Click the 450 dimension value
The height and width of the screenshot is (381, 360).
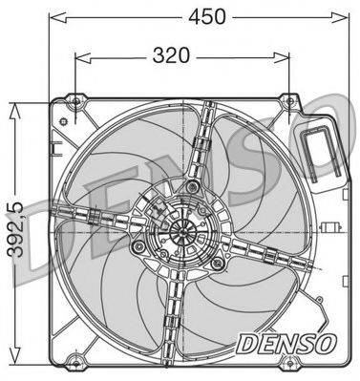[206, 16]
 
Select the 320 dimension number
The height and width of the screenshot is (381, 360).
[171, 55]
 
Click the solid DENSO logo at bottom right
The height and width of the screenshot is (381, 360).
[286, 344]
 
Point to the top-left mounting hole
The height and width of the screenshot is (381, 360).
[75, 101]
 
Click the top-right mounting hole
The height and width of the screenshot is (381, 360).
[289, 101]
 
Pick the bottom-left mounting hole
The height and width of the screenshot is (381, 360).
[75, 364]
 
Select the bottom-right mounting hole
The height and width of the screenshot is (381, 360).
[289, 364]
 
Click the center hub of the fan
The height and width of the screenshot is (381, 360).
[183, 232]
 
